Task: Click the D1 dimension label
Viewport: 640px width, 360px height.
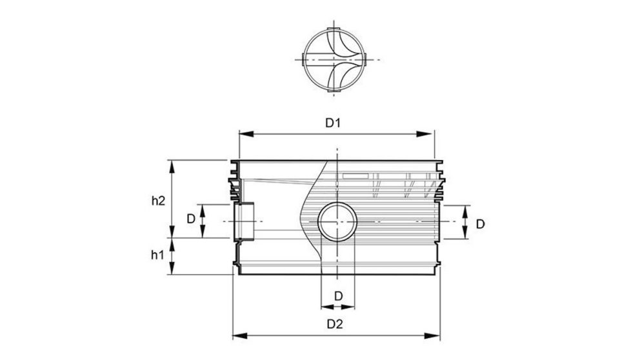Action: [333, 123]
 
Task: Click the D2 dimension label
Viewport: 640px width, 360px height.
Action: [333, 325]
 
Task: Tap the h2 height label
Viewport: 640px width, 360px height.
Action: [157, 200]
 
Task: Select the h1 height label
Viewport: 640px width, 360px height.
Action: [157, 255]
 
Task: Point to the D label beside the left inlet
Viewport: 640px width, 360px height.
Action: [191, 219]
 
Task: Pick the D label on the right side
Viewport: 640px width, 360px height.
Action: [480, 223]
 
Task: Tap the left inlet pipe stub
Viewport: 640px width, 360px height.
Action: [243, 221]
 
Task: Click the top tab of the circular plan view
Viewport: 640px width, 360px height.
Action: [333, 31]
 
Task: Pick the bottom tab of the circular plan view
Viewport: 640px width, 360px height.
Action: [333, 94]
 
